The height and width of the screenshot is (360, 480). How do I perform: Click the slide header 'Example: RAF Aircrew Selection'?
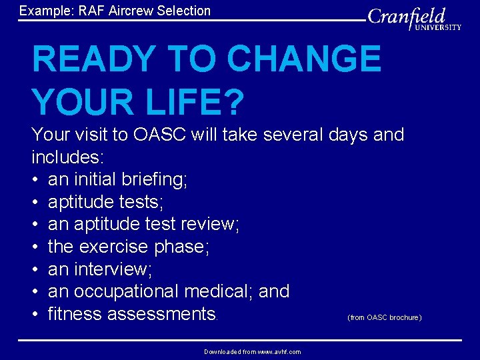point(115,11)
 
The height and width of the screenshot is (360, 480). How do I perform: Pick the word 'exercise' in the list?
point(114,247)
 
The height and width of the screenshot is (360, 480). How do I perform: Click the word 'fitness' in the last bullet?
point(75,313)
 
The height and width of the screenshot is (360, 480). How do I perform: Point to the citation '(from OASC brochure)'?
point(384,317)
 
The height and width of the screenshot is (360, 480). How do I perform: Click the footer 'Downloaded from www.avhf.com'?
point(252,351)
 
